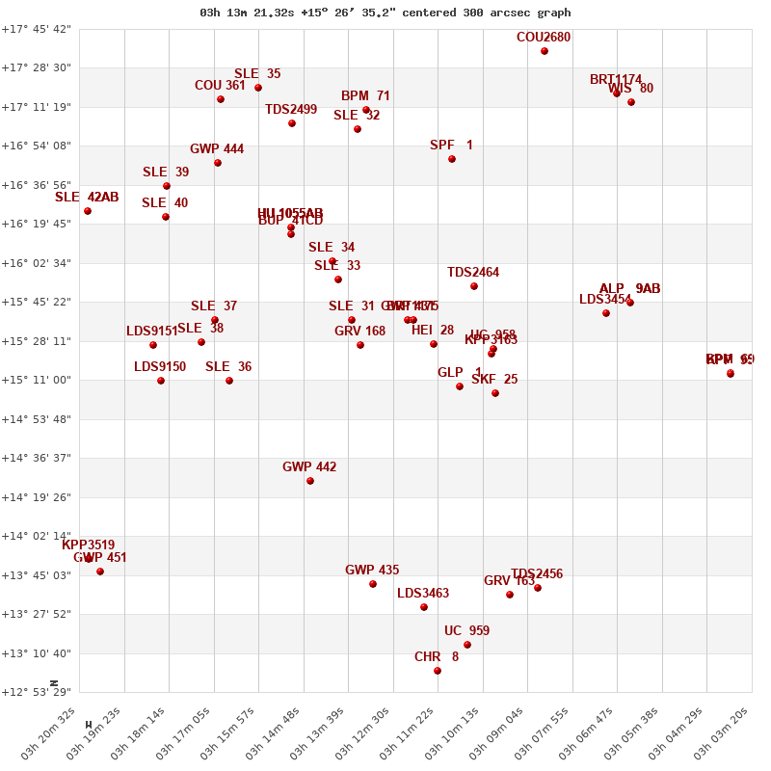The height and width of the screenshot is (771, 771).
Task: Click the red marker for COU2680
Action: coord(545,51)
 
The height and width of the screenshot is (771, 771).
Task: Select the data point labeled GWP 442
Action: coord(310,481)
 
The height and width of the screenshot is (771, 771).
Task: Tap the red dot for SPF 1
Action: coord(452,159)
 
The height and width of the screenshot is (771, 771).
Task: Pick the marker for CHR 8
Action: coord(438,671)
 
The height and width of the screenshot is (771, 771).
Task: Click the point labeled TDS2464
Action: coord(474,286)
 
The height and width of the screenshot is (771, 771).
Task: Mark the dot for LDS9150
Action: coord(161,381)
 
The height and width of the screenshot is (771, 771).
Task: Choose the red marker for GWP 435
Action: coord(373,584)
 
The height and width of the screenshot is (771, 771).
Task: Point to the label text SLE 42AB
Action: coord(87,198)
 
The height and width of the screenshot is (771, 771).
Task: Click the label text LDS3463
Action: coord(423,594)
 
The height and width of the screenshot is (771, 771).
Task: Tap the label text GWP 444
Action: coord(217,149)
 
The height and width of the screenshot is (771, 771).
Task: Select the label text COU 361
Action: coord(220,86)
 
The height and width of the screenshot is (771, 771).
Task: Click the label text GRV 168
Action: coord(359,332)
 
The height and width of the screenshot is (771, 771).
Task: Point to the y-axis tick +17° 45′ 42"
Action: coord(36,29)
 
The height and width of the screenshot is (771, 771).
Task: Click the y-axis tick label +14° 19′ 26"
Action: coord(36,497)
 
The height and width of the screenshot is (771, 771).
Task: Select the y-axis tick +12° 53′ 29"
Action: coord(36,693)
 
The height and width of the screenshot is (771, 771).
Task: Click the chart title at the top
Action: coord(385,13)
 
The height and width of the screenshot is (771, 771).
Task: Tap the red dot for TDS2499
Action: coord(292,123)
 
